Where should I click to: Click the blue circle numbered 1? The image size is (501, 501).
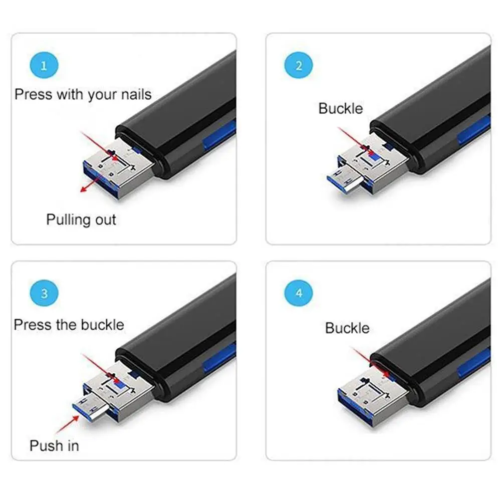(44, 66)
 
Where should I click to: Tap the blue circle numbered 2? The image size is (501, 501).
(299, 66)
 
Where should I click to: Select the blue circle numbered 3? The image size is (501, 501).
(44, 293)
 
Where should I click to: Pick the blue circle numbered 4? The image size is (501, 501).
(299, 293)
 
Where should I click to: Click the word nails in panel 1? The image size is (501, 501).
(136, 95)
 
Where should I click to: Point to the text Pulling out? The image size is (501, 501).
(81, 220)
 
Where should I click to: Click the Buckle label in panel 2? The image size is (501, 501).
(341, 108)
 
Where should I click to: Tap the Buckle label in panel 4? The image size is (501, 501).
(347, 328)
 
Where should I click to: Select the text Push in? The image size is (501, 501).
(54, 446)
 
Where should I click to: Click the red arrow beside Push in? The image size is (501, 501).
(68, 424)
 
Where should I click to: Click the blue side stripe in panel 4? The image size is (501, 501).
(474, 362)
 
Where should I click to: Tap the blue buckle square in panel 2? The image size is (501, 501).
(373, 156)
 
